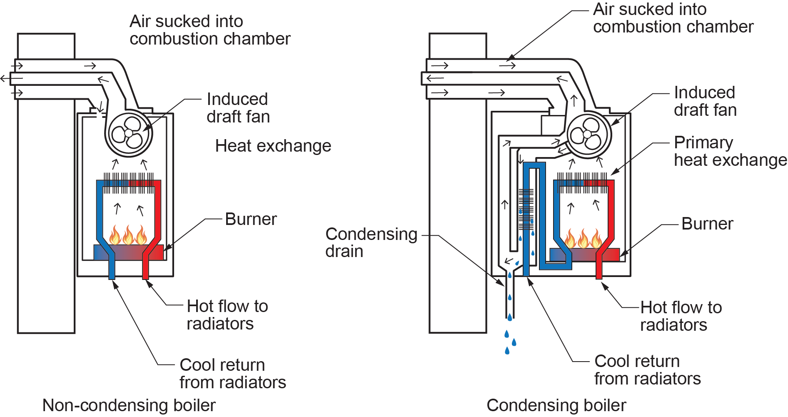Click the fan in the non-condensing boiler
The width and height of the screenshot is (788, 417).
[x=129, y=133]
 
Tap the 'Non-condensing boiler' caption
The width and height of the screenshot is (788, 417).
[x=129, y=405]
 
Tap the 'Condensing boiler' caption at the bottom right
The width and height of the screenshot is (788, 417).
[x=556, y=405]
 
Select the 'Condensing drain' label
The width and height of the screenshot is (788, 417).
[x=371, y=242]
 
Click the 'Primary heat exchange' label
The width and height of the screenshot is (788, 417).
[x=730, y=151]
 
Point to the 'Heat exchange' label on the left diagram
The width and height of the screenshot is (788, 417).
[x=273, y=146]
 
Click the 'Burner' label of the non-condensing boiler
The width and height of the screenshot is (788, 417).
[x=251, y=219]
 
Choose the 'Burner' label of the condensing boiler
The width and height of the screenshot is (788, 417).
[x=707, y=224]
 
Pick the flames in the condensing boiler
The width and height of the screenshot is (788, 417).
[x=583, y=239]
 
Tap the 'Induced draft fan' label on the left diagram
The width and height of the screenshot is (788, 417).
[x=238, y=108]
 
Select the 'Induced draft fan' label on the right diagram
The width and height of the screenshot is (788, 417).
[x=705, y=101]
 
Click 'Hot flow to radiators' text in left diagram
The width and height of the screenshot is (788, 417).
[x=227, y=315]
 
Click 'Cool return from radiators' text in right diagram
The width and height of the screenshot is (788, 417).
[x=647, y=370]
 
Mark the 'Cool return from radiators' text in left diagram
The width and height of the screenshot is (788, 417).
[x=232, y=374]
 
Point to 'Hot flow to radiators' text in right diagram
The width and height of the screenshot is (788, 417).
[x=681, y=316]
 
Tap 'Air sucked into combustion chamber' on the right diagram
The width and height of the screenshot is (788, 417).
[x=673, y=18]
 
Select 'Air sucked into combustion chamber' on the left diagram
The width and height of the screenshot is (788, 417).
[x=209, y=30]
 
